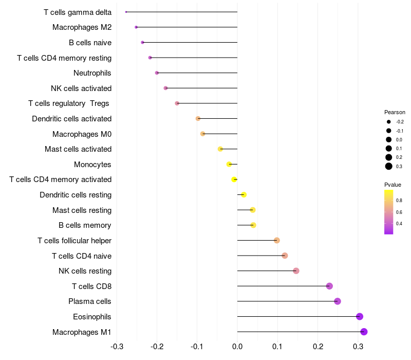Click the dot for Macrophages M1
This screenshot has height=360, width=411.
click(x=364, y=332)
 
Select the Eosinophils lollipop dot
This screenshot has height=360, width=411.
click(x=360, y=316)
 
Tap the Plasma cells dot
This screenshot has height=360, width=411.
click(x=338, y=301)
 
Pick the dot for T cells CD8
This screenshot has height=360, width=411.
click(x=329, y=286)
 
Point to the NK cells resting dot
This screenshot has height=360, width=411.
click(x=296, y=271)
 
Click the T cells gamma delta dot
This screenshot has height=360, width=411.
click(x=126, y=12)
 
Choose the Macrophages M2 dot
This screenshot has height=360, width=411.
click(x=136, y=27)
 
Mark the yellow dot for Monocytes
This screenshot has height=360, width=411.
click(x=229, y=164)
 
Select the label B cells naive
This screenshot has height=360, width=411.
click(x=90, y=42)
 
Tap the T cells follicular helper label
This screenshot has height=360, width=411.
click(x=74, y=241)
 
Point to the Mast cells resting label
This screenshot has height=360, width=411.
click(x=82, y=210)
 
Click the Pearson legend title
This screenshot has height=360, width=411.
click(x=395, y=112)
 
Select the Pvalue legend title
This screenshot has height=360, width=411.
click(x=393, y=185)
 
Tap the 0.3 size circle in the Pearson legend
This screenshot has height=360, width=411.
click(x=389, y=166)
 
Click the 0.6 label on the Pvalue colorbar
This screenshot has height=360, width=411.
click(x=399, y=212)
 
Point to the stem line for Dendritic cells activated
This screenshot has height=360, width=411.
click(x=218, y=118)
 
